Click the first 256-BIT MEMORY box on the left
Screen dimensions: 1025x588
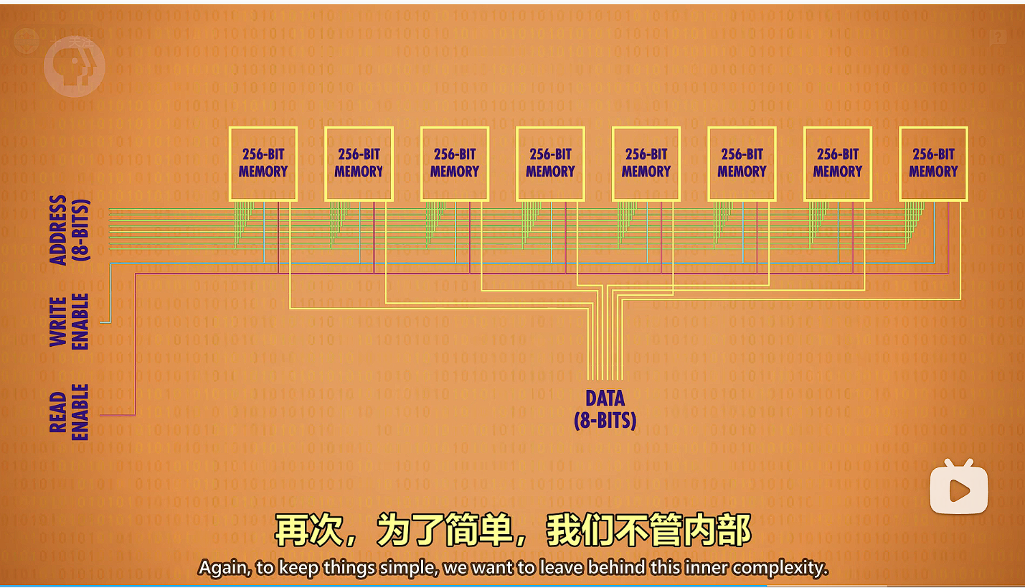click(x=263, y=164)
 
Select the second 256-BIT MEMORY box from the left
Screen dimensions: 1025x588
click(x=359, y=164)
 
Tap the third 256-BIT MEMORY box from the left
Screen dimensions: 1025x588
click(x=455, y=164)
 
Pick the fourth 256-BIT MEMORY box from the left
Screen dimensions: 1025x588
click(x=550, y=164)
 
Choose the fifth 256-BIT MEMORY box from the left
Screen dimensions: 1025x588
click(x=646, y=164)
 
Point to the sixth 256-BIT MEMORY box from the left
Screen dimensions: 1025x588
click(x=742, y=164)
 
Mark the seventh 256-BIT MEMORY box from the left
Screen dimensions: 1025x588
click(x=838, y=164)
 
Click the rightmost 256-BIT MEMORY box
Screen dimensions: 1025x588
click(x=933, y=164)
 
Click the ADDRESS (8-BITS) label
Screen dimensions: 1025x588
click(x=69, y=230)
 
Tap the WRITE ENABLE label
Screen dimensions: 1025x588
click(x=69, y=322)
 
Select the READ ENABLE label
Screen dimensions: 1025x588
click(x=69, y=412)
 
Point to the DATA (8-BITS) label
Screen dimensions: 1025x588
click(x=605, y=409)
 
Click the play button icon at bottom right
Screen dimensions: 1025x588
click(x=959, y=490)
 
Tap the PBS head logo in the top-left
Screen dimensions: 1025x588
click(x=74, y=65)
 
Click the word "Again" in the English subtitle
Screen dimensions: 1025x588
click(x=225, y=568)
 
